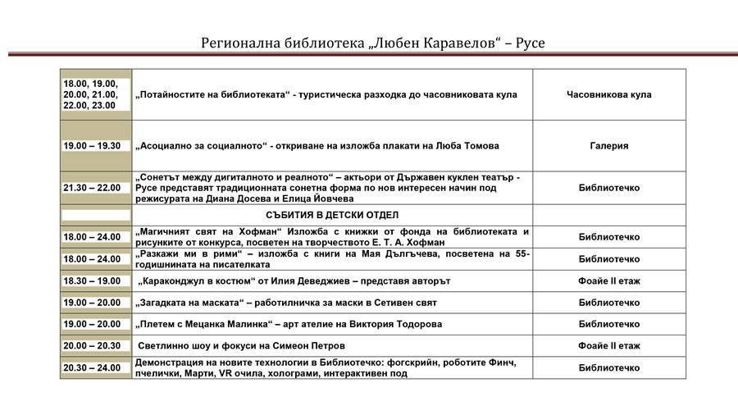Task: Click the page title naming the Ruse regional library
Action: pos(373,42)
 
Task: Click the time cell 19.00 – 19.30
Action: pos(92,146)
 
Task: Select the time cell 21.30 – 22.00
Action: pos(92,188)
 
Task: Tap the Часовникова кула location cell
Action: pos(608,94)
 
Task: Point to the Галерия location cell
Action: pos(608,146)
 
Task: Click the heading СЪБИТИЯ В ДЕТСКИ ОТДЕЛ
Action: pos(332,215)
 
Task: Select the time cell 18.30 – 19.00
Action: pos(92,281)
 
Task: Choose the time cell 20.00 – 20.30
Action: pos(92,346)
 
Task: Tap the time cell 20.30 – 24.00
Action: pos(92,368)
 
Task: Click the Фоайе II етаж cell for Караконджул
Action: pos(608,281)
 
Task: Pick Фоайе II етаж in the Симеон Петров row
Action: pos(608,346)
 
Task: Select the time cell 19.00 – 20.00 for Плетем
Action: pos(92,324)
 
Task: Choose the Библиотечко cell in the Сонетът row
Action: pos(608,188)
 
